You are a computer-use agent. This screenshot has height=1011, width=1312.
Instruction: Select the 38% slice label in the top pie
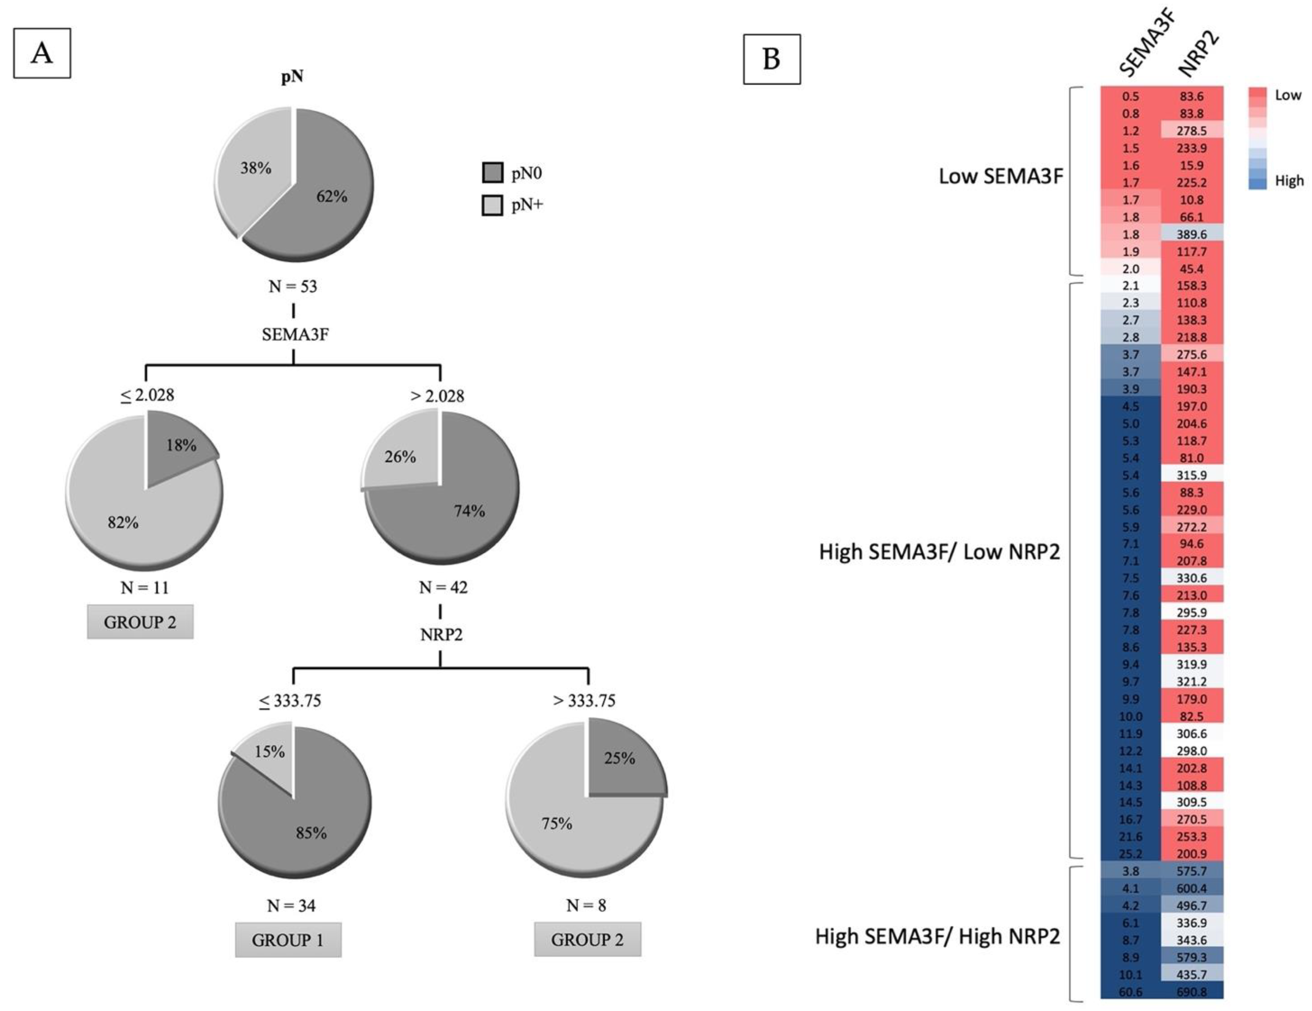(256, 168)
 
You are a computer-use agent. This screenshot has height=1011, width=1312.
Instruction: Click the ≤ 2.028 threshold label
(147, 395)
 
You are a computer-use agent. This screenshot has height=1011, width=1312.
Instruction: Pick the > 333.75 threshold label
(584, 700)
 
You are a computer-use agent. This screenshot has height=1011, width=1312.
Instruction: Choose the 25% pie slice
(622, 760)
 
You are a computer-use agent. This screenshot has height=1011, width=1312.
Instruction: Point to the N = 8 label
(586, 905)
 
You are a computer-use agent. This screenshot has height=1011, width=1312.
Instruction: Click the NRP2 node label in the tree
(441, 634)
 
